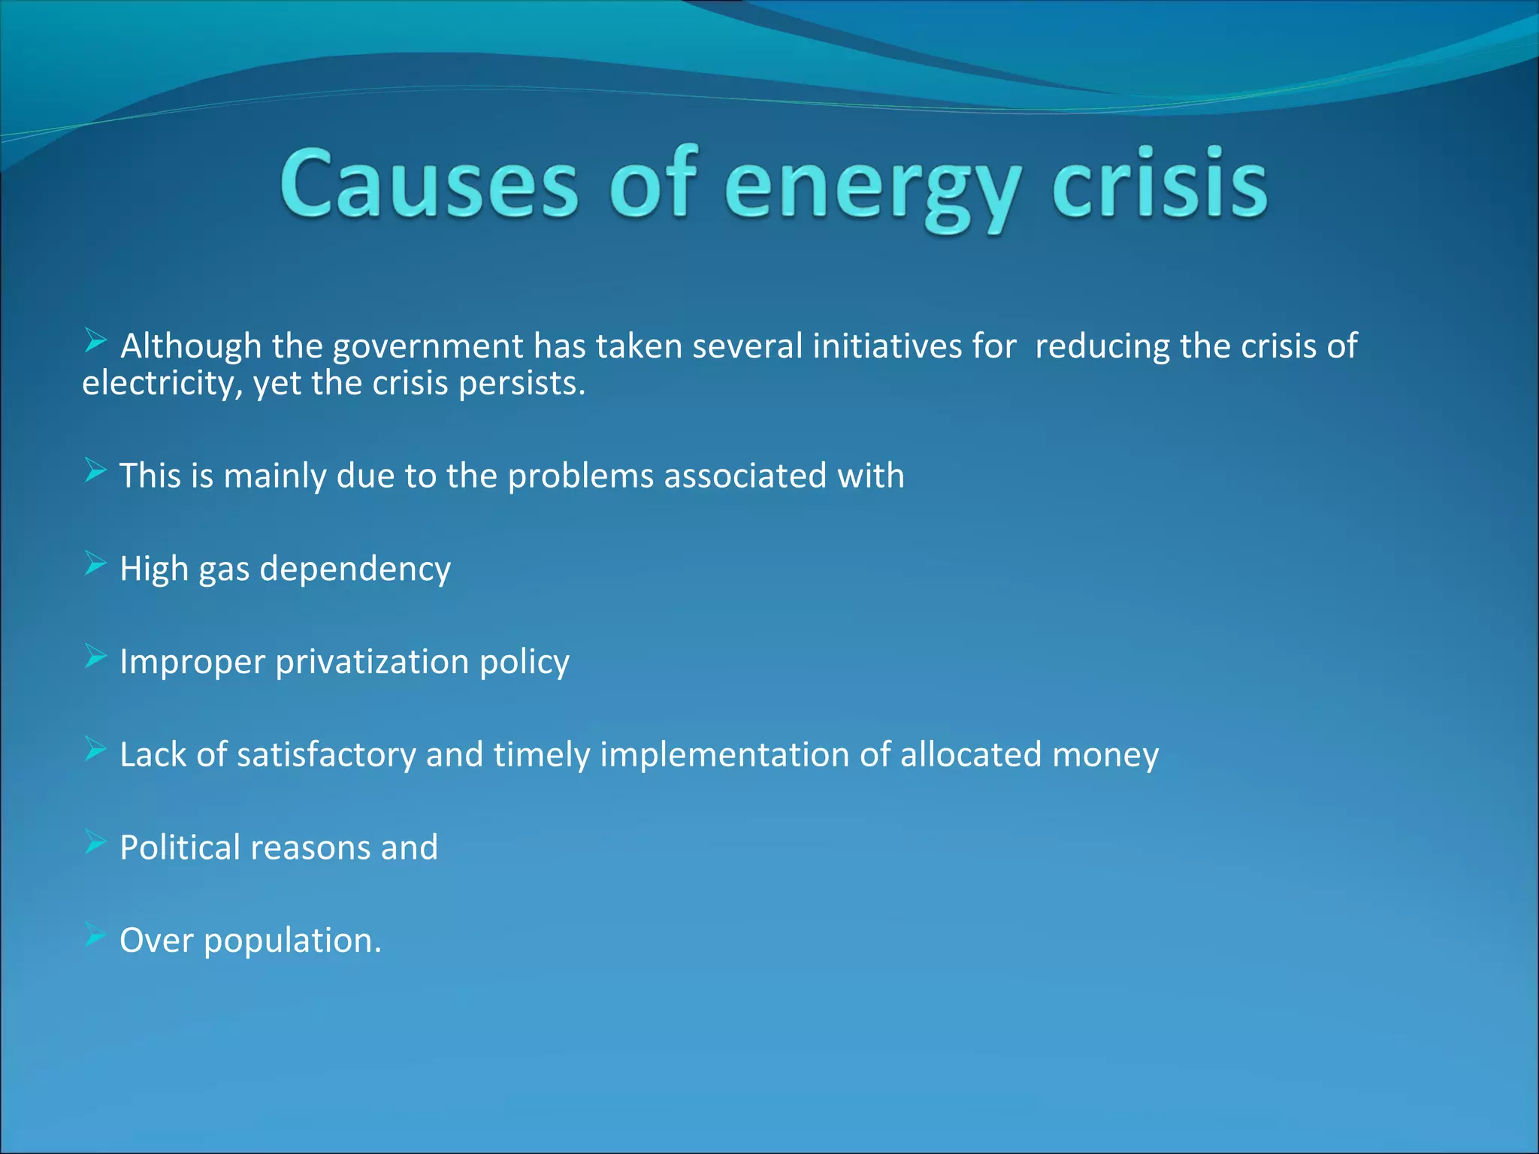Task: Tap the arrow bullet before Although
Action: click(x=95, y=341)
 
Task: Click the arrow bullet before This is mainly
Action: click(x=95, y=470)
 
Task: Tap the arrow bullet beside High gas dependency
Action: click(x=95, y=563)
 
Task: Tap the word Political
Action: click(x=180, y=848)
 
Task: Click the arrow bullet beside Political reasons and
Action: click(x=95, y=842)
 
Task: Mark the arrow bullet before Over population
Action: click(x=95, y=935)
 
